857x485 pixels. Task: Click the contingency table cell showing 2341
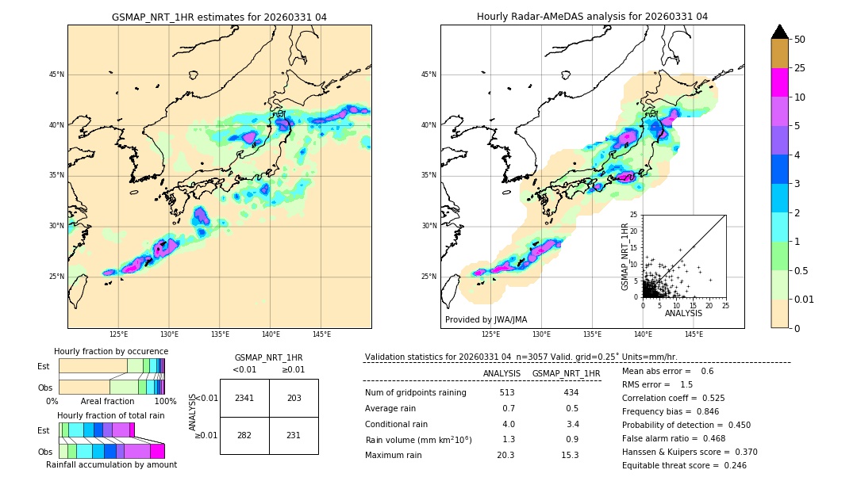pos(244,398)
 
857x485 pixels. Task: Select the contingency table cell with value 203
pos(294,398)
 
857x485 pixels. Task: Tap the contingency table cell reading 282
pos(244,435)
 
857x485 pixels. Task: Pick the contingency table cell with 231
pos(294,435)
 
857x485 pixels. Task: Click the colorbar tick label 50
pos(800,40)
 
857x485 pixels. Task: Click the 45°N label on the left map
pos(56,74)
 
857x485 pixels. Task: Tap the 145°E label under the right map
pos(694,334)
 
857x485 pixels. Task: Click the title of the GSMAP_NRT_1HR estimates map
pos(219,17)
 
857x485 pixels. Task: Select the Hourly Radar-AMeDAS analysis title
pos(592,17)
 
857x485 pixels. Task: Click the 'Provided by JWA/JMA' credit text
pos(486,320)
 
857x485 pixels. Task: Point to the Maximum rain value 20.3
pos(507,455)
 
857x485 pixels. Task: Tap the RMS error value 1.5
pos(686,384)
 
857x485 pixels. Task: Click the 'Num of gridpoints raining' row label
pos(415,393)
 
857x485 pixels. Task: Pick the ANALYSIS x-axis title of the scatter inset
pos(682,313)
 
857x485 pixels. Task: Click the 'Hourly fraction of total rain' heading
pos(111,415)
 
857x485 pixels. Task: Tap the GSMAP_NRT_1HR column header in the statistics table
pos(566,373)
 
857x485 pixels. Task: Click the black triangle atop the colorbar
pos(780,32)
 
